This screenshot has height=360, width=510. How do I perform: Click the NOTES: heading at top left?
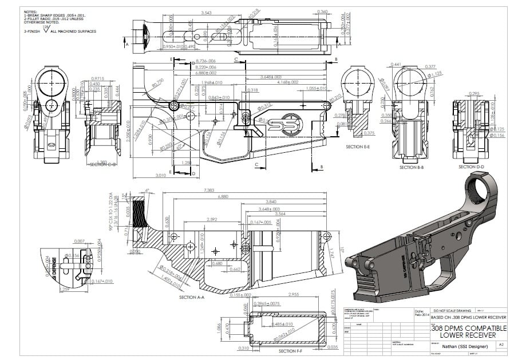click(x=30, y=11)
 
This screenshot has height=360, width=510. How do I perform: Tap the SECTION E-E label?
click(x=358, y=147)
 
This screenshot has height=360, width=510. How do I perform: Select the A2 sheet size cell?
click(x=501, y=345)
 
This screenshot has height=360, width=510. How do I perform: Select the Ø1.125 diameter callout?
click(x=436, y=73)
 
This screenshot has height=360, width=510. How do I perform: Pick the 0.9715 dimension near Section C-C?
click(x=97, y=78)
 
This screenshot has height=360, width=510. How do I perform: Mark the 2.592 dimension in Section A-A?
click(x=211, y=219)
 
